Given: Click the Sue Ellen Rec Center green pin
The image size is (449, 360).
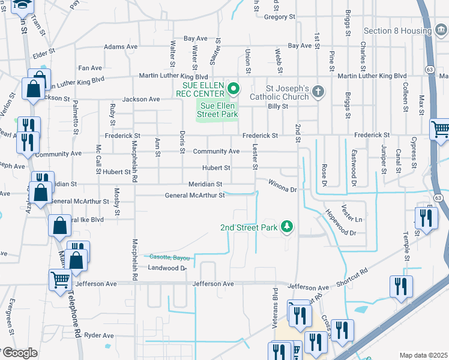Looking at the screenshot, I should [234, 90].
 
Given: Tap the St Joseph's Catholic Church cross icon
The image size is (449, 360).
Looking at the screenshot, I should [318, 91].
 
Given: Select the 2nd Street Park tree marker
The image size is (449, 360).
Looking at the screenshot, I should [288, 226].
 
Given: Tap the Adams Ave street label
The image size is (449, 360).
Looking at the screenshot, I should [121, 46].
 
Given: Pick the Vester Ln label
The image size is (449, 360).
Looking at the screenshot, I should [352, 213].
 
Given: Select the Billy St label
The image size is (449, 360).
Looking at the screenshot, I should [278, 106].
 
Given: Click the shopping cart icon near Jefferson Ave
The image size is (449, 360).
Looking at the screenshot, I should [60, 280].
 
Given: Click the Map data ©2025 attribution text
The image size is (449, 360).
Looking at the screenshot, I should [424, 355].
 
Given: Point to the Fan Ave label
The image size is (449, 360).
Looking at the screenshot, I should [90, 68].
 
